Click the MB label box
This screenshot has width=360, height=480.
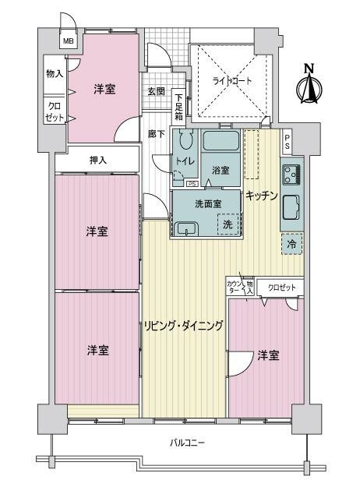click(x=69, y=41)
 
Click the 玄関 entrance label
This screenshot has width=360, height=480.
click(x=156, y=91)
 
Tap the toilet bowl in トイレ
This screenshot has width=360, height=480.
click(x=185, y=143)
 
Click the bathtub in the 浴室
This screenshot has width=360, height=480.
click(x=221, y=143)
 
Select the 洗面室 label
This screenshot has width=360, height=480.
click(x=207, y=203)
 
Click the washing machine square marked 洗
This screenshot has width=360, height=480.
click(x=228, y=224)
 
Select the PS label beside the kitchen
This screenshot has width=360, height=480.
click(x=287, y=143)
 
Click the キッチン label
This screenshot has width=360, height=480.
click(x=262, y=196)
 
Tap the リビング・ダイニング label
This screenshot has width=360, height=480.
click(x=183, y=326)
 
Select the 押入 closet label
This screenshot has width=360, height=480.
click(x=98, y=161)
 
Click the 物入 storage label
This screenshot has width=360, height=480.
click(x=55, y=73)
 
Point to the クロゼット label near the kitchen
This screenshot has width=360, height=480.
click(x=282, y=288)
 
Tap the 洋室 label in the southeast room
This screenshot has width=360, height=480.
click(x=269, y=355)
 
